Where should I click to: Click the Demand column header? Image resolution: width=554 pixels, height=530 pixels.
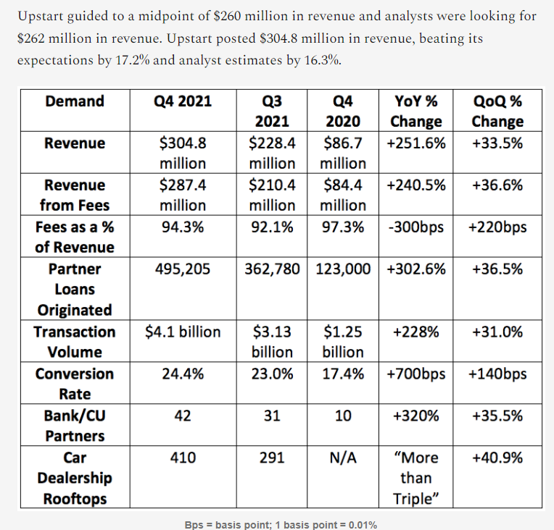click(75, 101)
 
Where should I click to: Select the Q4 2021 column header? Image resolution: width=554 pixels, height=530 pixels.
click(183, 101)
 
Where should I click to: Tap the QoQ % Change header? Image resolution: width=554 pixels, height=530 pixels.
click(497, 111)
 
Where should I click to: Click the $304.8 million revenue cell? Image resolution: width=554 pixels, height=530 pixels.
click(183, 153)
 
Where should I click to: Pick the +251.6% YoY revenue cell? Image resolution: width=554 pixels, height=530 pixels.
click(416, 143)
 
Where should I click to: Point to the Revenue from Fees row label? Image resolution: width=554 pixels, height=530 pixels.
click(75, 195)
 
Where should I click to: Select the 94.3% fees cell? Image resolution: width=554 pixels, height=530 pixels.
click(183, 227)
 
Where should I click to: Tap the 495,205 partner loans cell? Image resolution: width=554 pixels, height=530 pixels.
click(183, 269)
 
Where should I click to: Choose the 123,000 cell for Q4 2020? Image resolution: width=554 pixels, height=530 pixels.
click(344, 269)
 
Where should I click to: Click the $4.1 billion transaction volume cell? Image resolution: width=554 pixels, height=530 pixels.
click(183, 332)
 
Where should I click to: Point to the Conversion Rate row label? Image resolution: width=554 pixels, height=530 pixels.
click(75, 384)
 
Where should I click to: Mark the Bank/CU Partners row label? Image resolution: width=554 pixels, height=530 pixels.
click(75, 426)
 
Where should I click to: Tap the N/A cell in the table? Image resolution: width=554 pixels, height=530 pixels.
click(344, 458)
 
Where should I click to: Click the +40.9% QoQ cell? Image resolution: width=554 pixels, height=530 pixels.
click(497, 458)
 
